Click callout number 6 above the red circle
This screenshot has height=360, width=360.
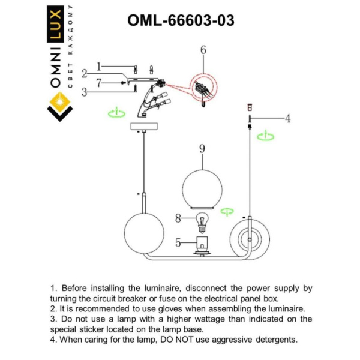tap(203, 50)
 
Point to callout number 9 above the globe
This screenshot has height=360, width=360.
tap(203, 148)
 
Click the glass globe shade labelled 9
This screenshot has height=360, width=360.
tap(203, 187)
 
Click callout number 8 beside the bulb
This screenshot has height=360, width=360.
tap(178, 219)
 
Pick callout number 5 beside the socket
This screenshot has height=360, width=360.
tap(178, 243)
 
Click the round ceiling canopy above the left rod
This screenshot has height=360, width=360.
tap(143, 127)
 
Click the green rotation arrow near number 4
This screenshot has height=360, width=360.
tap(265, 137)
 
